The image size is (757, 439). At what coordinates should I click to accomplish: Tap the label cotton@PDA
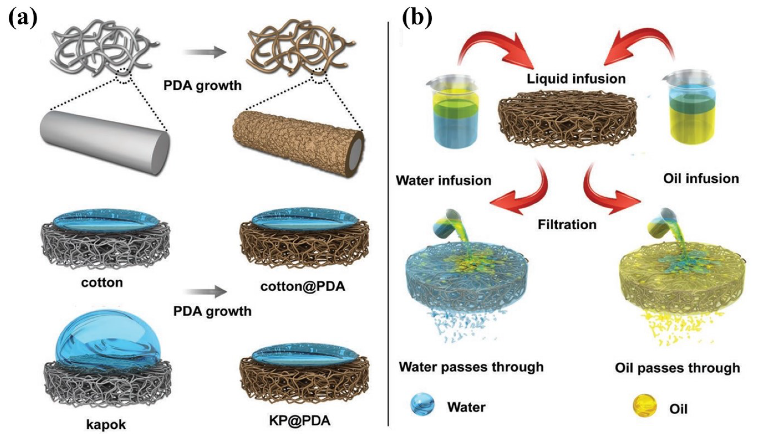303,287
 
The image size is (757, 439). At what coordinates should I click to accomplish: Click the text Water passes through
471,367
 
